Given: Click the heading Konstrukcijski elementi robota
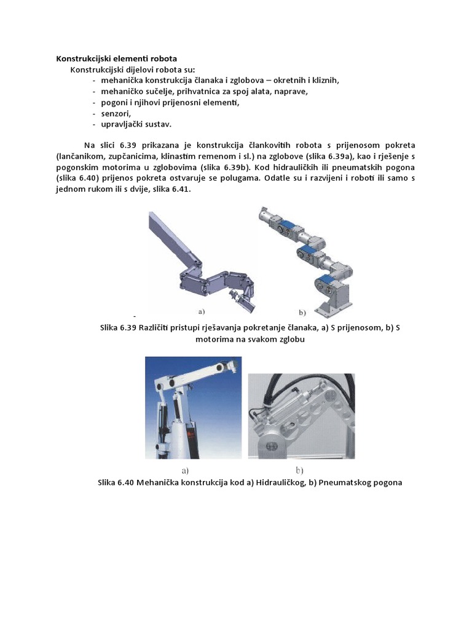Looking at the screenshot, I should pos(116,58).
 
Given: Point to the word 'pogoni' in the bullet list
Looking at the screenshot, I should pos(113,103).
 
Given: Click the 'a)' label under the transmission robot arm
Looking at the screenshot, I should pos(201,311).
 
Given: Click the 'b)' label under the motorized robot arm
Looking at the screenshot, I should pos(303,312).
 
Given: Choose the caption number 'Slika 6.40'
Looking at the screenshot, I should pos(117,482).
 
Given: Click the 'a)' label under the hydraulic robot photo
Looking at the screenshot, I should pos(184,471).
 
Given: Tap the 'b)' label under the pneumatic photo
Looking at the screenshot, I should pos(300,471).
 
